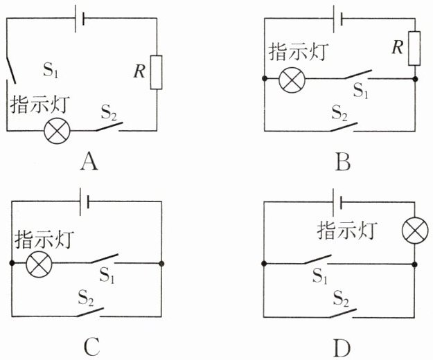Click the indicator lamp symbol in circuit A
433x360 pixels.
coord(58,130)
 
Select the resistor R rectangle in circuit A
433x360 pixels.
coord(156,72)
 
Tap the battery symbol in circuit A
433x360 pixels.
coord(80,18)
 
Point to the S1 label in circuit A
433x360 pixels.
coord(51,70)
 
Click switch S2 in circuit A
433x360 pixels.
coord(109,127)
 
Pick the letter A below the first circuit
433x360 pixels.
coord(89,162)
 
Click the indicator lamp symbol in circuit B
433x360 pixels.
coord(292,80)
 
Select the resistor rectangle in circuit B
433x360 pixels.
coord(414,48)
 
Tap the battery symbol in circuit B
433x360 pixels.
coord(338,19)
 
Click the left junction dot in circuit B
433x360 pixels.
coord(265,79)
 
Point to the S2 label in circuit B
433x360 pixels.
coord(339,113)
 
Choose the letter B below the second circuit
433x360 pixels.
coord(343,162)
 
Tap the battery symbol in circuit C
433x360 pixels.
coord(85,202)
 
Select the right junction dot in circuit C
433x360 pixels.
coord(161,264)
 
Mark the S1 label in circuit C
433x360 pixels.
coord(107,275)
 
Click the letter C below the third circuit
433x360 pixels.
coord(91,347)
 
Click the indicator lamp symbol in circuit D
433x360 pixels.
coord(415,231)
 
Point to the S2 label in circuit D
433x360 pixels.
coord(341,298)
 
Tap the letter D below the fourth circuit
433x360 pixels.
coord(342,348)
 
